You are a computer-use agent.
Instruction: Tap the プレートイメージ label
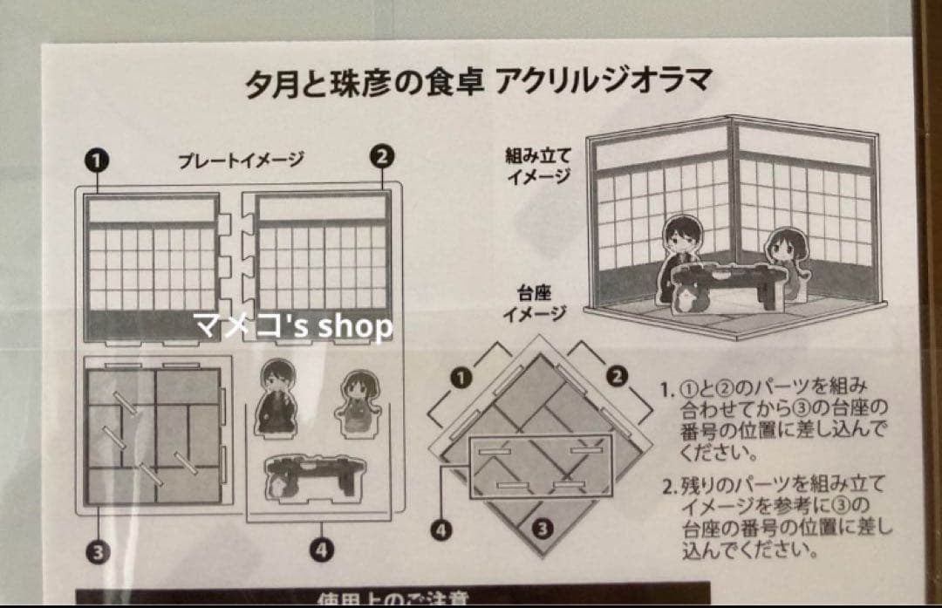[242, 160]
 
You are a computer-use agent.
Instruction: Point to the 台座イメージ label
[535, 304]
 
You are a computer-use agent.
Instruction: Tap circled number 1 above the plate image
[97, 160]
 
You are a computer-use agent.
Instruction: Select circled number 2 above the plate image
[382, 158]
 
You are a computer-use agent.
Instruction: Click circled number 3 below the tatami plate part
[97, 550]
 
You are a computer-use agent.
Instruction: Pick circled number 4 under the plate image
[322, 550]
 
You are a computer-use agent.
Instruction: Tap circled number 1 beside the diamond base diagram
[461, 377]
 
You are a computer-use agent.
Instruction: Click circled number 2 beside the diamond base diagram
[616, 376]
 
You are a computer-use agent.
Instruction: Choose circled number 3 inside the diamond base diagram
[542, 527]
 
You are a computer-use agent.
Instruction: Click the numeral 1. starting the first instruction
[667, 386]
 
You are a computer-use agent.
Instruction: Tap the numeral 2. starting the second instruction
[667, 485]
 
